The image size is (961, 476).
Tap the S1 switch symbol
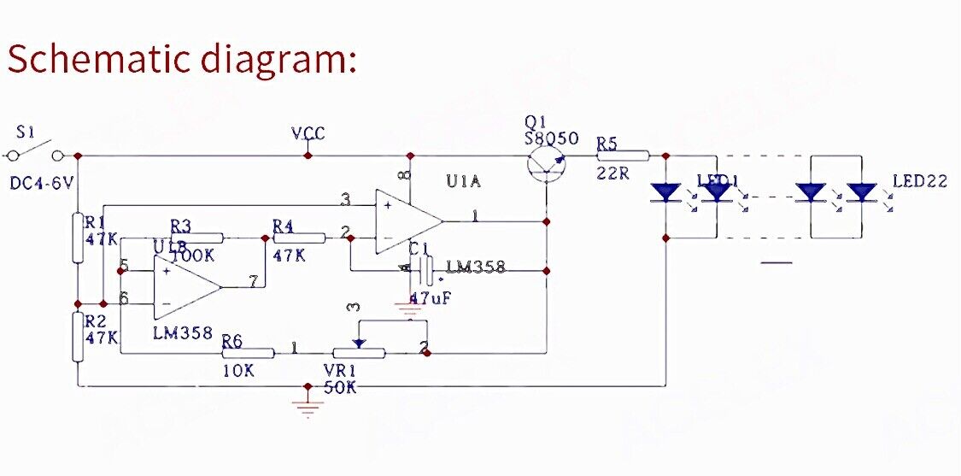pos(34,154)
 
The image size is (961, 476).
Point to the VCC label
pos(308,134)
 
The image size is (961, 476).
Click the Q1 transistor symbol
pos(547,161)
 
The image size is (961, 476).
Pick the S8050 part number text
pos(552,138)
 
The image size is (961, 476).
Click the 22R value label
pos(612,173)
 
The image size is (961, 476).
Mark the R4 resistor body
pos(300,238)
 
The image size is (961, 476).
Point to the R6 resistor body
pos(248,352)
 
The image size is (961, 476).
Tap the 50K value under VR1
pos(341,387)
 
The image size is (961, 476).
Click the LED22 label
pos(920,181)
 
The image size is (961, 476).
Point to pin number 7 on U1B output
pos(253,280)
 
